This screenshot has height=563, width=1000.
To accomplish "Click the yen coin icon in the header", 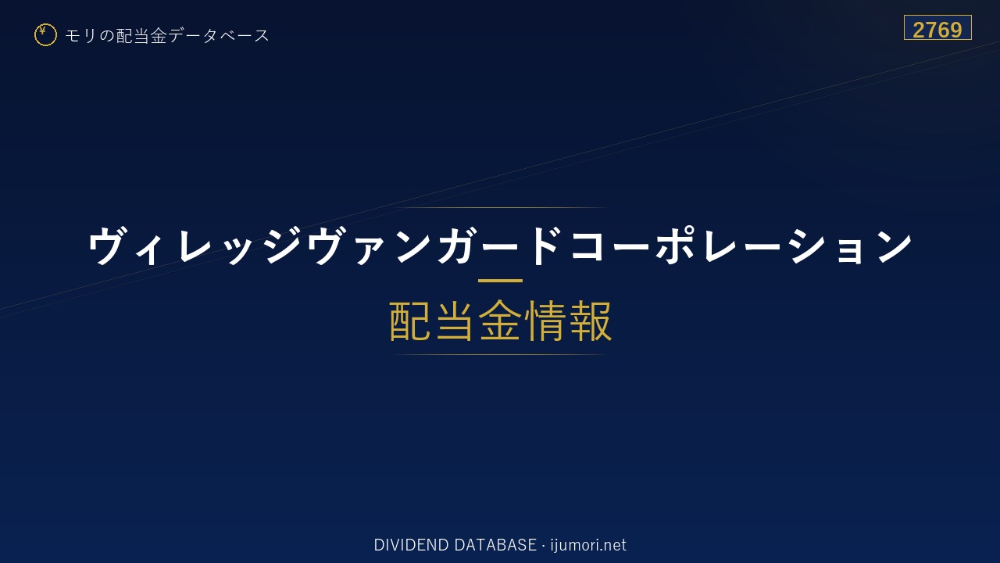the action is point(45,35).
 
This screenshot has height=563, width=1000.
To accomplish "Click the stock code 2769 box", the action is point(937,27).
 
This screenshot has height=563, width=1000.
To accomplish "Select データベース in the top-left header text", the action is point(219,35).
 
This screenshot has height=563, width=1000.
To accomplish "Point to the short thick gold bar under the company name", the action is point(500,281).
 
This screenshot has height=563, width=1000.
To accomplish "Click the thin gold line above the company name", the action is point(500,207).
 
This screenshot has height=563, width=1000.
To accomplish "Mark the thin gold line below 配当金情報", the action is point(500,354).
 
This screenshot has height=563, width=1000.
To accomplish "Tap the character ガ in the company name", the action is point(457,245).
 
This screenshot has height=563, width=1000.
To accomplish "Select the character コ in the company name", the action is point(588,246).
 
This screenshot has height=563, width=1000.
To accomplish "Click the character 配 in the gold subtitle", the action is point(410,321).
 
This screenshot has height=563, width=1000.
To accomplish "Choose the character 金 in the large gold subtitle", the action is point(500,321).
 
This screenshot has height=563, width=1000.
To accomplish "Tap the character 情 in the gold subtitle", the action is point(545,321).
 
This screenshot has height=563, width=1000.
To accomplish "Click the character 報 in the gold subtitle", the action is point(589,321).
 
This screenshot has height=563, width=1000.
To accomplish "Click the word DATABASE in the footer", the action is point(495,545).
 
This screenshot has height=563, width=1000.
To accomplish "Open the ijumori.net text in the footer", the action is point(588,546).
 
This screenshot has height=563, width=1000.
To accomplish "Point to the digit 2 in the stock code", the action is point(919,30).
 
